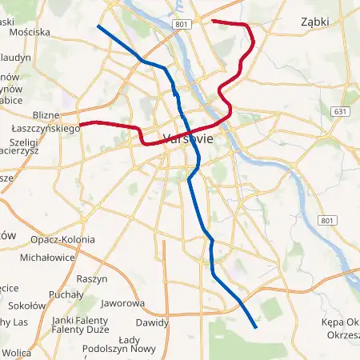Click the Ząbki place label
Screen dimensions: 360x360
point(316,22)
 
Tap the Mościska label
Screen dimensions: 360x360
point(30,33)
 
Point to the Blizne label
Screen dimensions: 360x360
point(47,115)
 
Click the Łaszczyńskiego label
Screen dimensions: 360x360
point(44,128)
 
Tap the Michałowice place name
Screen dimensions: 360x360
point(47,258)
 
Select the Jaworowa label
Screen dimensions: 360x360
point(123,303)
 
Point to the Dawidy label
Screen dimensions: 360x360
point(151,322)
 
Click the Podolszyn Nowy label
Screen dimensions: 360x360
point(119,348)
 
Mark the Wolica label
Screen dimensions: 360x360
point(16,352)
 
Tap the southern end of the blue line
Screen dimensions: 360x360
point(255,327)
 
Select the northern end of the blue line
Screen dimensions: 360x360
point(98,26)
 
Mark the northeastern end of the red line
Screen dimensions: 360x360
point(212,20)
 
